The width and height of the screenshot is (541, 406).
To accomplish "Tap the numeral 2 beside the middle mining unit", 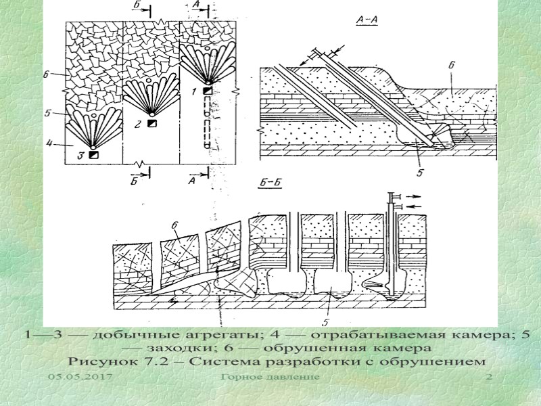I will coord(137,125).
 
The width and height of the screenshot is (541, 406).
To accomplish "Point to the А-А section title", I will coord(366,20).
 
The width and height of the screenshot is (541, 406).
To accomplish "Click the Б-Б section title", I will coord(270,183).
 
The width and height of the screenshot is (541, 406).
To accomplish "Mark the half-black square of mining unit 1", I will coord(208,91).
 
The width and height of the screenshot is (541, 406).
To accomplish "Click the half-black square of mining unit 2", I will coord(153,124).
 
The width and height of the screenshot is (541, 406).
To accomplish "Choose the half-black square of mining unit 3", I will coord(93,155).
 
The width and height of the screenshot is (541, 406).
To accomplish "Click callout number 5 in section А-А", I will coord(419,173).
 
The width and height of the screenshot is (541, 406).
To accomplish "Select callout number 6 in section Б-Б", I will coord(174,225).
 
